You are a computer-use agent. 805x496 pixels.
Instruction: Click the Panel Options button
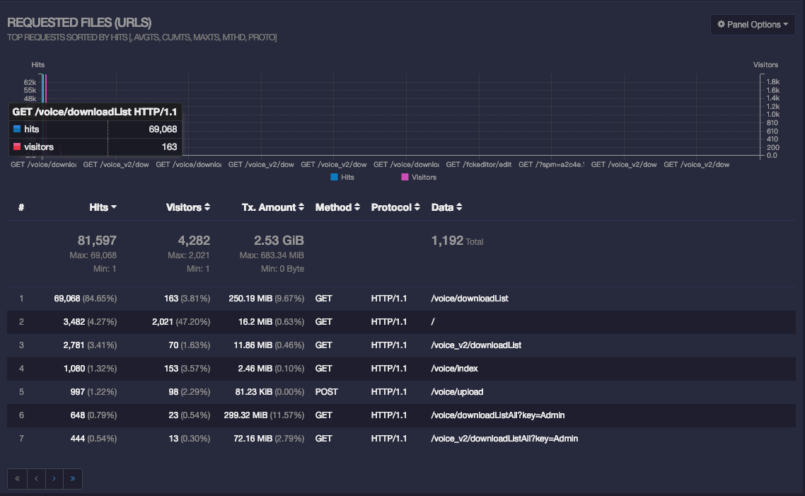pyautogui.click(x=753, y=25)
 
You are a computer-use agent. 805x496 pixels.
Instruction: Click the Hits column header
pyautogui.click(x=103, y=207)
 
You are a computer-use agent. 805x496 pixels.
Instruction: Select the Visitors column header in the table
pyautogui.click(x=187, y=207)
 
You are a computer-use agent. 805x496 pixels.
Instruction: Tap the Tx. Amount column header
pyautogui.click(x=272, y=207)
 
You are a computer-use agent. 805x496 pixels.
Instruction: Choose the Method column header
pyautogui.click(x=337, y=207)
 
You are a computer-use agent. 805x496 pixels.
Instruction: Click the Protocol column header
pyautogui.click(x=395, y=207)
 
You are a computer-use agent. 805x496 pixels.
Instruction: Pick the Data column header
pyautogui.click(x=446, y=207)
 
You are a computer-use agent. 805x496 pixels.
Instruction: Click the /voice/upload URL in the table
pyautogui.click(x=457, y=392)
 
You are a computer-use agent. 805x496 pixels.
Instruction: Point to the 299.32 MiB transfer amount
pyautogui.click(x=248, y=415)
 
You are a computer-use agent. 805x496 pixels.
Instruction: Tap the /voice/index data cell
pyautogui.click(x=455, y=369)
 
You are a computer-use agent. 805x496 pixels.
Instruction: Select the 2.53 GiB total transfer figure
pyautogui.click(x=278, y=241)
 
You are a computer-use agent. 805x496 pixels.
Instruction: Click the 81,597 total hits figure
pyautogui.click(x=97, y=241)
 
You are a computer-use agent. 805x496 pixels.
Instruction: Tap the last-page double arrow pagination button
pyautogui.click(x=72, y=478)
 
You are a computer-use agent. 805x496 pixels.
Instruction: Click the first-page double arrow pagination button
pyautogui.click(x=17, y=478)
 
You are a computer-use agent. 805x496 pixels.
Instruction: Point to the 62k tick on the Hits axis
pyautogui.click(x=30, y=82)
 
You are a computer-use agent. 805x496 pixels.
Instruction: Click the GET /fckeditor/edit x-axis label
pyautogui.click(x=478, y=164)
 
